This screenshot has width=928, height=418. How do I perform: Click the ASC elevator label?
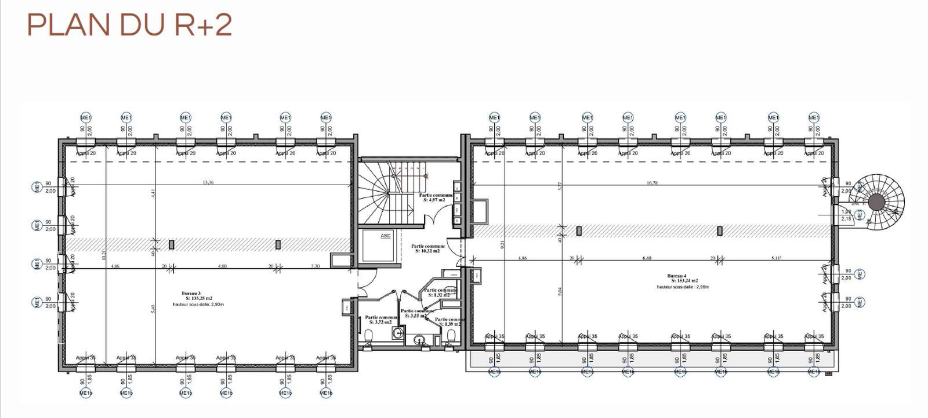pos(385,236)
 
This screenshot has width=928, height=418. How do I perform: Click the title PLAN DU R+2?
pos(129,26)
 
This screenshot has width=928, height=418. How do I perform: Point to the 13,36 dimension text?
pos(208,182)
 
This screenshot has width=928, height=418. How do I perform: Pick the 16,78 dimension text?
pos(652,183)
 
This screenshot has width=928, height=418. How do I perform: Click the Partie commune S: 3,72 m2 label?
pos(381,320)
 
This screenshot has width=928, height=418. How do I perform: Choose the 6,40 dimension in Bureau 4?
pos(647,258)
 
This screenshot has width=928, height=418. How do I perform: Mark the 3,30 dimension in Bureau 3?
pos(315,266)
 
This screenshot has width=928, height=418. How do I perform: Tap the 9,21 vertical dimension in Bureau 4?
pos(503,246)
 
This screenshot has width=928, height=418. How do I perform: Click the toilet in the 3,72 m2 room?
pos(369,335)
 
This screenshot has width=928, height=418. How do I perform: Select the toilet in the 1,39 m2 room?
pos(451,335)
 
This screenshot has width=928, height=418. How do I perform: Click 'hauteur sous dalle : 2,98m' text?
pos(683,287)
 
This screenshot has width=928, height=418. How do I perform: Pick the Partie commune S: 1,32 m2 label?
pos(440,292)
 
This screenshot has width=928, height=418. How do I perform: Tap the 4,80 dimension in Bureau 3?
pos(222,266)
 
